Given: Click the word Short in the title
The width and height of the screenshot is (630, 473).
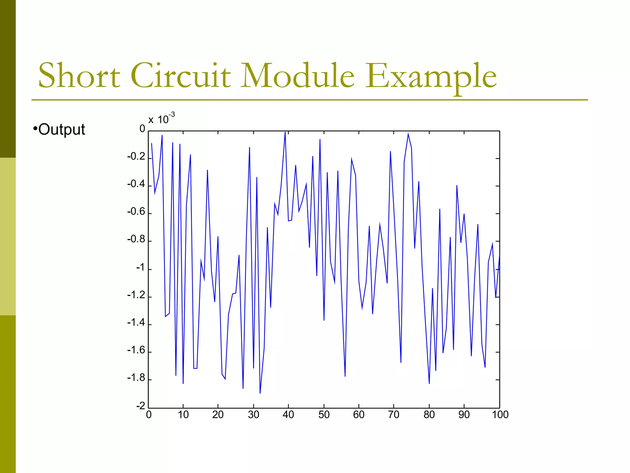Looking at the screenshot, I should (79, 75).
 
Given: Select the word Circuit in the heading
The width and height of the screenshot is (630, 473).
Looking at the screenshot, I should (181, 75).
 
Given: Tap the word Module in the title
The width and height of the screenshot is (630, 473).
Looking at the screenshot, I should (297, 75).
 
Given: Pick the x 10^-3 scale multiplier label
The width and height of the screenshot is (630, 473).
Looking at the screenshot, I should (161, 119).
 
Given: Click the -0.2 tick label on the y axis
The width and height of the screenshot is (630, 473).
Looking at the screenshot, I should (136, 157).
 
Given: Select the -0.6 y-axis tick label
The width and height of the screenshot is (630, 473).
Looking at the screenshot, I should (136, 212).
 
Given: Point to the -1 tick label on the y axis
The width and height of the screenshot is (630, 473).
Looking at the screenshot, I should (140, 268).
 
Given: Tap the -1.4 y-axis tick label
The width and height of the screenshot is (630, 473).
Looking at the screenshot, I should (136, 323).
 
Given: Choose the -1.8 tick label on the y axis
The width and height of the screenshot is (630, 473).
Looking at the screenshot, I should (136, 378).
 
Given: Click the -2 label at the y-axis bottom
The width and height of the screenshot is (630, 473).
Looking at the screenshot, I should (140, 406).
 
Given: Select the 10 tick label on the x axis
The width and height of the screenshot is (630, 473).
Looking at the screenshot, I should (183, 415).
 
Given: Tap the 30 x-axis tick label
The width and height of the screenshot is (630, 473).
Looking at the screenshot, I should (253, 415).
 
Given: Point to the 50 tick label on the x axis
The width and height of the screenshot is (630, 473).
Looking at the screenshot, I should (324, 415).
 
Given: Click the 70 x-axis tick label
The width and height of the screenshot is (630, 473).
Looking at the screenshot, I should (394, 415).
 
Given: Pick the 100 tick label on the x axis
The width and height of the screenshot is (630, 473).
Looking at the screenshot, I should (500, 415).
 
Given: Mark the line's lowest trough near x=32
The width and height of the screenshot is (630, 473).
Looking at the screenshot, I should (260, 393).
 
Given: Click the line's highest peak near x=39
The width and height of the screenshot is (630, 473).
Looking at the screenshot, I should (285, 132).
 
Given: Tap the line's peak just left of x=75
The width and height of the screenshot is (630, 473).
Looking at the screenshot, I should (408, 134).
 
